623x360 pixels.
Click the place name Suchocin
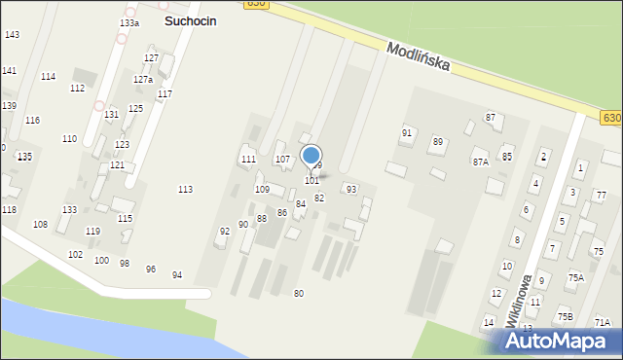point(190,20)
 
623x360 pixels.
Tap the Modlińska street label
point(417,56)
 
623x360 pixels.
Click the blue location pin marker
point(311,156)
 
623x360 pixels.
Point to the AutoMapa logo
point(561,340)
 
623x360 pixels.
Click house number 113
point(185,190)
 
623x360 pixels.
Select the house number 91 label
point(407,132)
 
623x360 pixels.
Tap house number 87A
point(480,162)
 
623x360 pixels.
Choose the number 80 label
point(299,294)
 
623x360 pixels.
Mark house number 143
point(12,35)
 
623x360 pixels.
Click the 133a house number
point(129,22)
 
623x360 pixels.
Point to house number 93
point(350,189)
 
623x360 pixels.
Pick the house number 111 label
point(248,159)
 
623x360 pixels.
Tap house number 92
point(225,232)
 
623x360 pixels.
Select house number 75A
point(576,278)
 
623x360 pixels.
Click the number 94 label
point(177,275)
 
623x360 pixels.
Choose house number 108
point(40,225)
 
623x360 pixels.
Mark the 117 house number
point(165,94)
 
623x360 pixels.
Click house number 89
point(438,142)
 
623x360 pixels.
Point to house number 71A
point(603,323)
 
